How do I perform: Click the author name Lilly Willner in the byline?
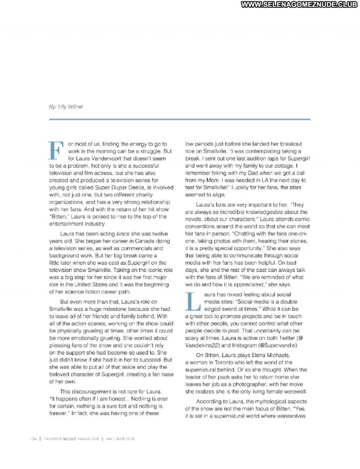[72, 107]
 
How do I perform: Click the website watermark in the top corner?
[300, 5]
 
